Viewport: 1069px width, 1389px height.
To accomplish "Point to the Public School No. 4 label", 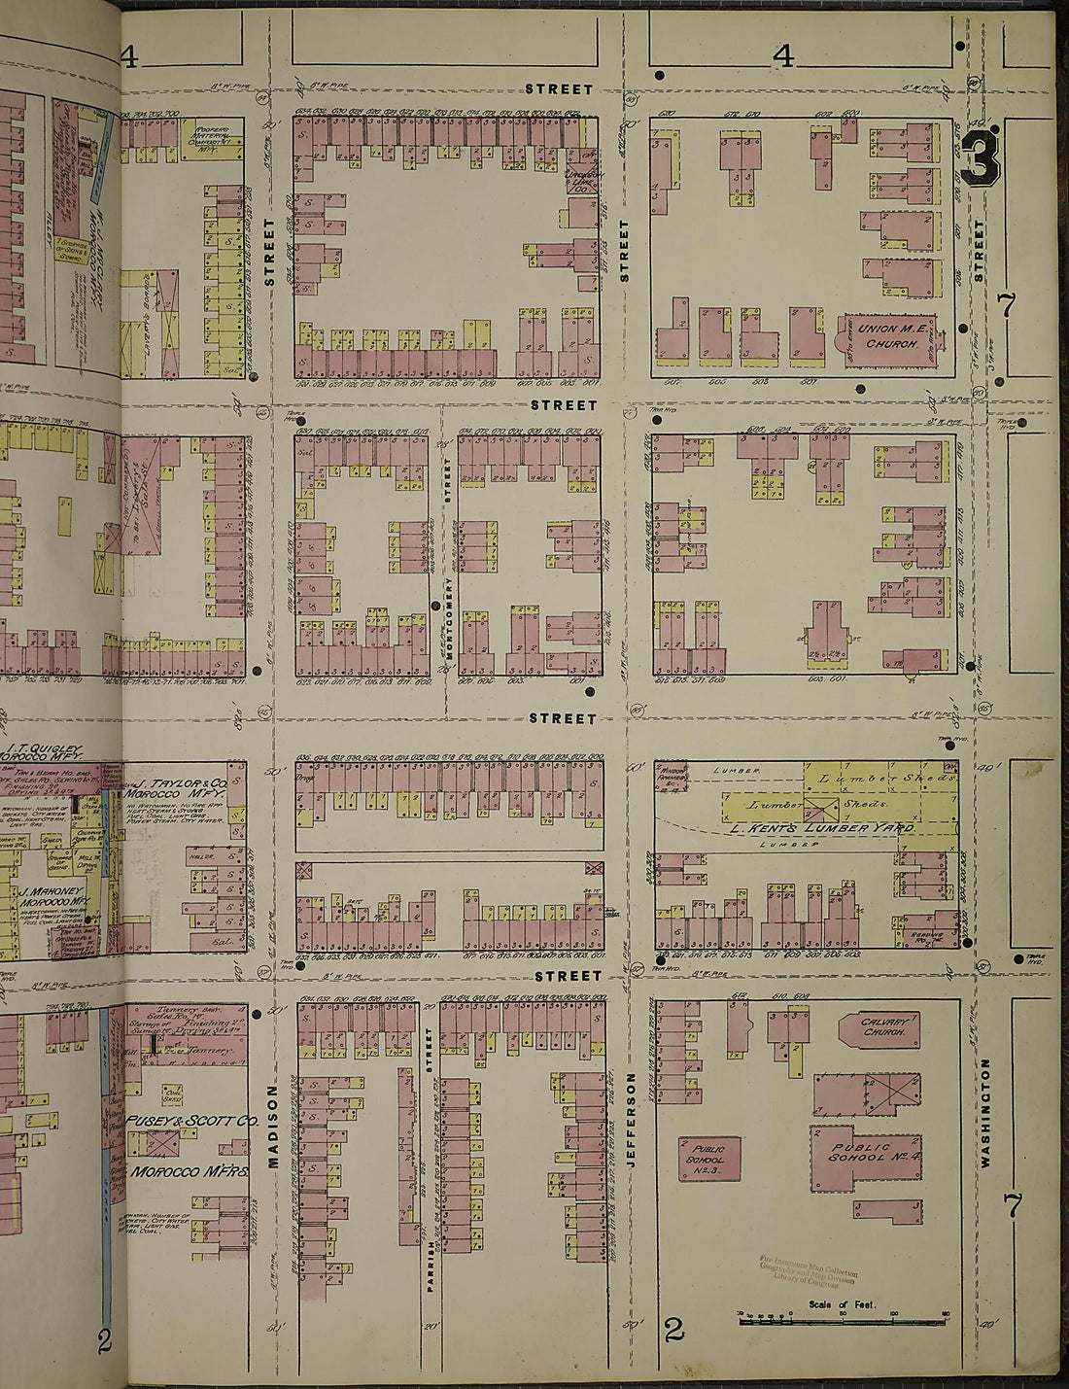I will [x=861, y=1153].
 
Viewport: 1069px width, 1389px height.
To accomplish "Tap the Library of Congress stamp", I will [x=808, y=1268].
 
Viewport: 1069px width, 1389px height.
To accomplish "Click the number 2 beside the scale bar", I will [x=673, y=1329].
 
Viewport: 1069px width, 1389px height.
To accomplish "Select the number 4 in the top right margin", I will [x=783, y=56].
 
